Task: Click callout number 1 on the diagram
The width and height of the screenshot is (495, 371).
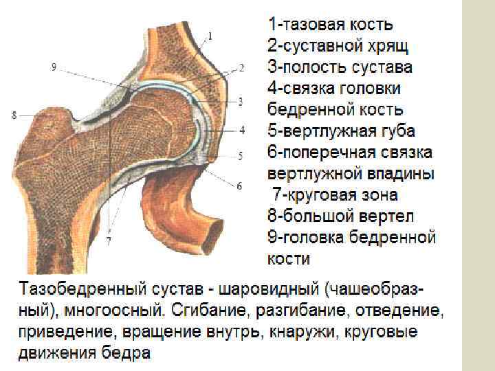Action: (210, 35)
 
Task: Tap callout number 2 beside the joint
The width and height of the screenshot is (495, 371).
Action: (242, 68)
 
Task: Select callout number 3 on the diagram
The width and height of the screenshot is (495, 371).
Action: (241, 101)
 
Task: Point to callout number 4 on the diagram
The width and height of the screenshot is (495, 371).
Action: (242, 128)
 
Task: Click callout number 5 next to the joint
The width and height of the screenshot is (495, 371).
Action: (240, 156)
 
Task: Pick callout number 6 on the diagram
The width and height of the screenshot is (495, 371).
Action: (239, 185)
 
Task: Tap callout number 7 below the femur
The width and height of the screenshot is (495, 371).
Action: (109, 240)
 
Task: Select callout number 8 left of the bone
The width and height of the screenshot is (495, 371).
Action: (14, 115)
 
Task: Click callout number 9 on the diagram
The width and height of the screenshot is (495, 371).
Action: (54, 67)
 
